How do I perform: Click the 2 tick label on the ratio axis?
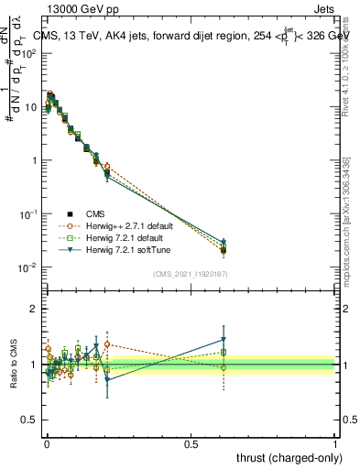pyautogui.click(x=32, y=310)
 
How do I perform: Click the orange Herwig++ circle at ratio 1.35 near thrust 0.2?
pyautogui.click(x=107, y=344)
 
